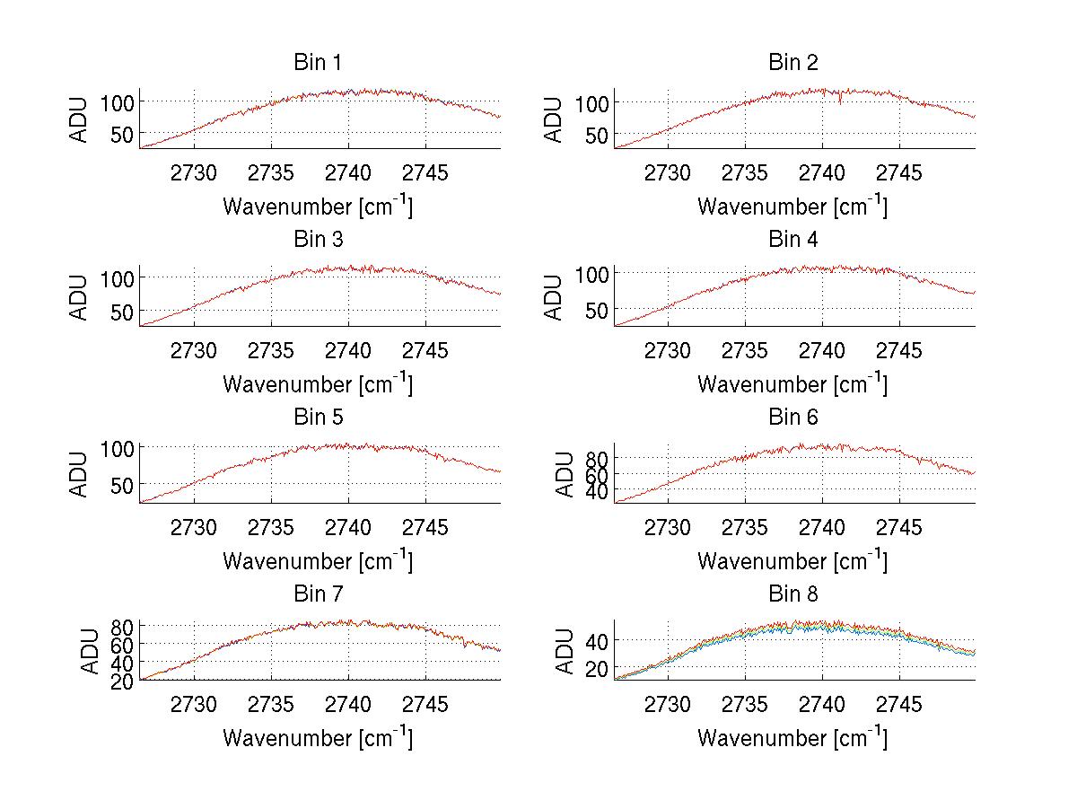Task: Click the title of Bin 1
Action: (x=317, y=63)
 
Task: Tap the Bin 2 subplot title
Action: (x=793, y=63)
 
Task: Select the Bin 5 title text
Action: (x=317, y=418)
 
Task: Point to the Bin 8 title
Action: (x=793, y=594)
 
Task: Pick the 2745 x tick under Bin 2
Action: (x=898, y=172)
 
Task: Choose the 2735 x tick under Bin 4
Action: (x=745, y=350)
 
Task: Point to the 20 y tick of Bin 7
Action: (x=123, y=681)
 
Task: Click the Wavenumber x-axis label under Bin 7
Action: (x=318, y=737)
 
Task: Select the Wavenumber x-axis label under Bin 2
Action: (x=792, y=206)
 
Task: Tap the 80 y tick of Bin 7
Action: (x=123, y=626)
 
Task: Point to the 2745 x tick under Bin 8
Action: (x=898, y=705)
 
